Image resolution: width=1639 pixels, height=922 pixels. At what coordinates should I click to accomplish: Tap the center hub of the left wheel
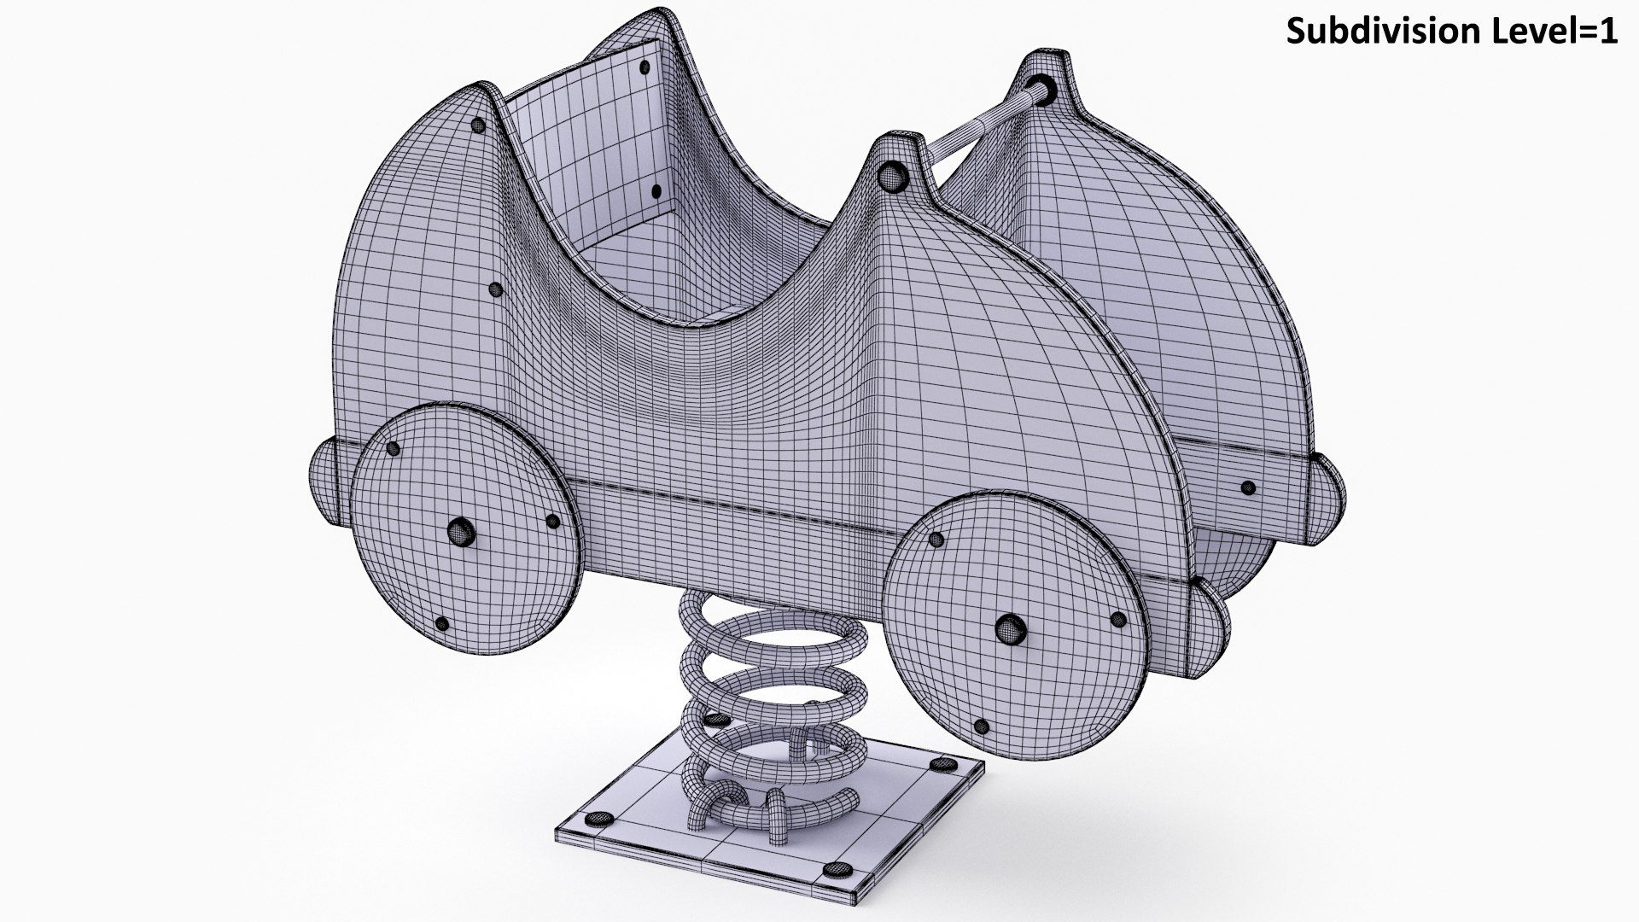tap(460, 531)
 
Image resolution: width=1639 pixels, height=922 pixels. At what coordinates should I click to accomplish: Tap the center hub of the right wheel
tap(1011, 629)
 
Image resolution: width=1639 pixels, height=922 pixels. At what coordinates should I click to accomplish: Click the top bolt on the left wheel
tap(393, 448)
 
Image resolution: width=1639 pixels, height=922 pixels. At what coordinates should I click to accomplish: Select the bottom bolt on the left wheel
tap(442, 624)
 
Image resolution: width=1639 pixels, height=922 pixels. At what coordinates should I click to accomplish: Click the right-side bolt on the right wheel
tap(1117, 618)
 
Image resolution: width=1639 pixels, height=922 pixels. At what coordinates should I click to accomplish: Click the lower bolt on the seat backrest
tap(656, 192)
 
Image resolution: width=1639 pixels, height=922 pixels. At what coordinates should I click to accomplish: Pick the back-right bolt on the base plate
tap(942, 765)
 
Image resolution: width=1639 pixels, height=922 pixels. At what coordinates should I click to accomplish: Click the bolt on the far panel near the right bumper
tap(1247, 488)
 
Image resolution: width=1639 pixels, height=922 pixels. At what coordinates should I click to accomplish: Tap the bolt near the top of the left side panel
tap(477, 125)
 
